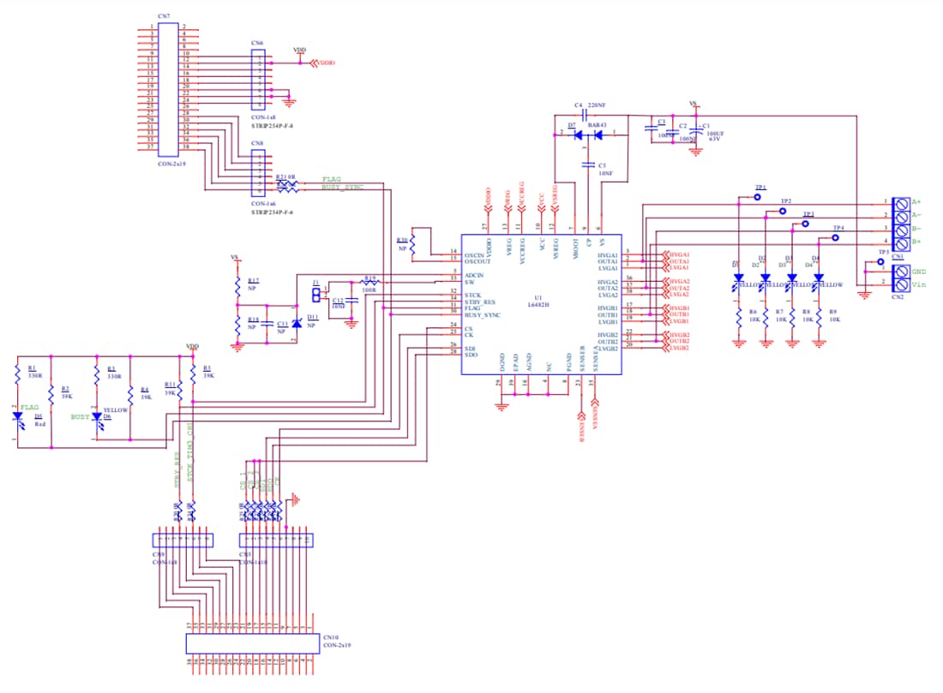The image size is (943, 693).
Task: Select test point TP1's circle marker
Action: [757, 196]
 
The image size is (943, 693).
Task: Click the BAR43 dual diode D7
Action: [589, 134]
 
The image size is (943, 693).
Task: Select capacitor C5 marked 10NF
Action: [590, 164]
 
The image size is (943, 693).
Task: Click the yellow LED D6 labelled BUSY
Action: [98, 417]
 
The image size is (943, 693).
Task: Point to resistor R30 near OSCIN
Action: [412, 246]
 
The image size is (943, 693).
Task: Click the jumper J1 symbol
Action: [315, 295]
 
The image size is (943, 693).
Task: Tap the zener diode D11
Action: [297, 324]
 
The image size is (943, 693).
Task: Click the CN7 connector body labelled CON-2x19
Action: [168, 88]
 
